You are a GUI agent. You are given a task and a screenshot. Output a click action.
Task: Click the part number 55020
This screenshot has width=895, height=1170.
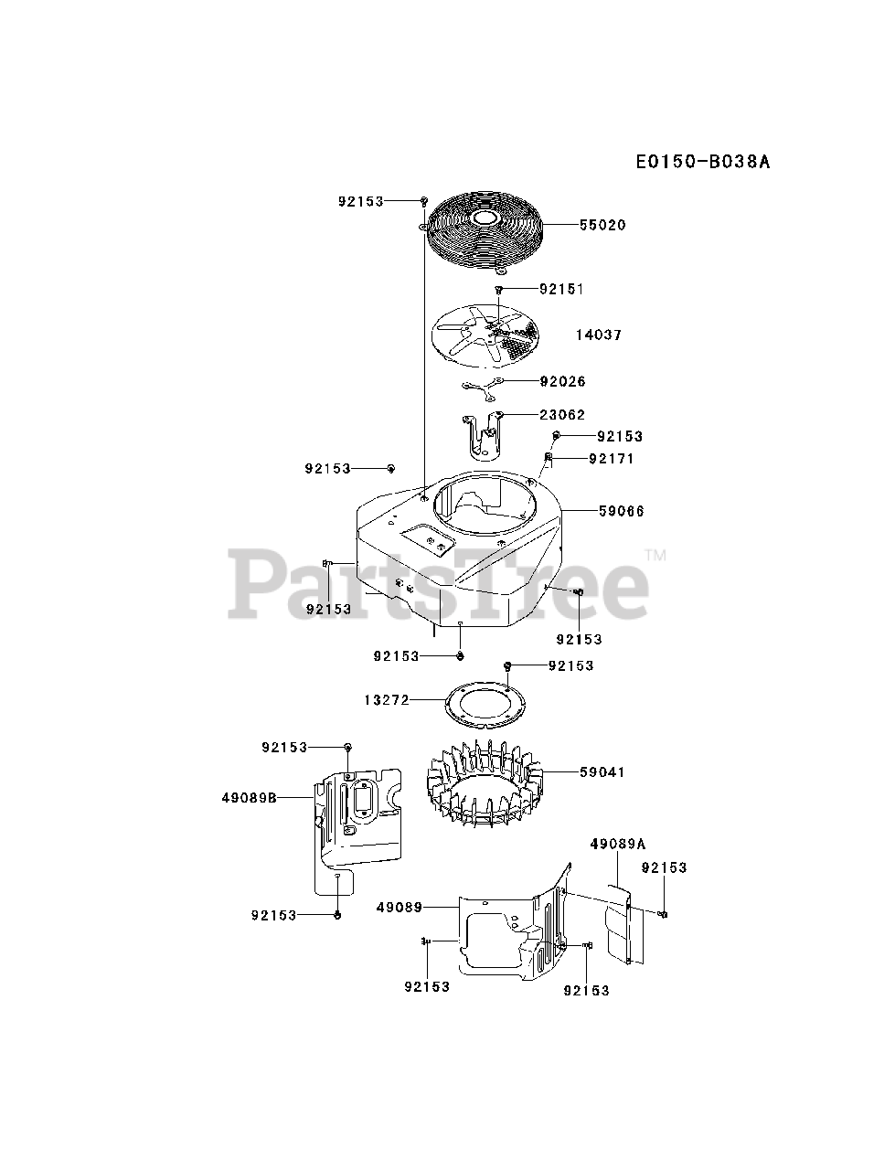[602, 225]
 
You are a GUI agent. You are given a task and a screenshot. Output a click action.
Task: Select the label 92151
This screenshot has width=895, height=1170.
[561, 289]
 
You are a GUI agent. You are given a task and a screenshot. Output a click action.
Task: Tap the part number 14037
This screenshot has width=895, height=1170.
[599, 335]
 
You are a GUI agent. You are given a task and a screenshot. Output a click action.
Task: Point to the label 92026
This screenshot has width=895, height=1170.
[562, 381]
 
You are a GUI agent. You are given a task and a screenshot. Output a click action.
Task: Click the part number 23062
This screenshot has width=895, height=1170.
[562, 415]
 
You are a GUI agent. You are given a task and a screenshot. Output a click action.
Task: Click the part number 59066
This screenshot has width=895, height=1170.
[621, 512]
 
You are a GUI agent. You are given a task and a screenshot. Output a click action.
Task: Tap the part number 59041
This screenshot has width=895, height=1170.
[602, 772]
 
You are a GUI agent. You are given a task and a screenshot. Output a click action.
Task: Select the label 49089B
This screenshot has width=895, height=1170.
[249, 797]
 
